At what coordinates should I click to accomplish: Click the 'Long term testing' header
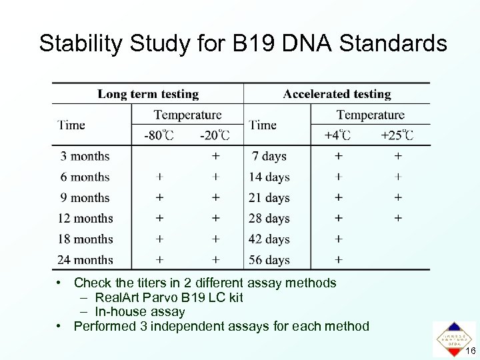click(148, 94)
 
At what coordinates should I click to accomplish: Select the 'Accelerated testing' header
click(337, 94)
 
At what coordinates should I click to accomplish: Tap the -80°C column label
click(159, 135)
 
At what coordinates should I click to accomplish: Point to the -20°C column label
click(215, 135)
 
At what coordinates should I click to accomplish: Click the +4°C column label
click(337, 135)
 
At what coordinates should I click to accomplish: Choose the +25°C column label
click(397, 135)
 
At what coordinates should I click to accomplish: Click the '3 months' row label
click(85, 156)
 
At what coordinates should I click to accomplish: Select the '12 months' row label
click(85, 218)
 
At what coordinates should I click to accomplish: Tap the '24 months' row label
click(85, 259)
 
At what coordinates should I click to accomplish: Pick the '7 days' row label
click(269, 156)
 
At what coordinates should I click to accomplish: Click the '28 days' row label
click(269, 218)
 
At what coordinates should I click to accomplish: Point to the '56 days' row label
click(269, 259)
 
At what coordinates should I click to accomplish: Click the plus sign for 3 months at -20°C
click(215, 156)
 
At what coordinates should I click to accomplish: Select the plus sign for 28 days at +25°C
click(398, 218)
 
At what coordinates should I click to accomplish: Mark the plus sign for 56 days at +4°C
click(339, 259)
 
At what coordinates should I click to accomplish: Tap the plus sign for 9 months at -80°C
click(159, 197)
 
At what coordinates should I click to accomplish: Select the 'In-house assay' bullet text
click(140, 311)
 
